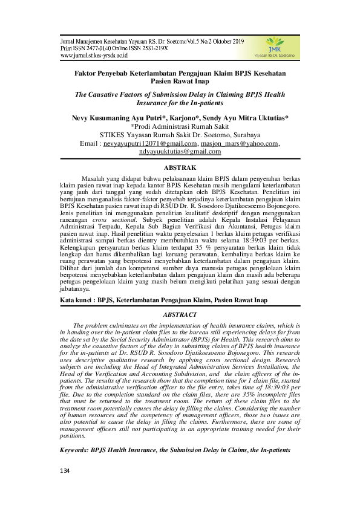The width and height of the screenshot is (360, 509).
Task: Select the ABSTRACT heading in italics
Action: (x=180, y=315)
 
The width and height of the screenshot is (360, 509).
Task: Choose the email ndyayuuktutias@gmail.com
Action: (x=180, y=152)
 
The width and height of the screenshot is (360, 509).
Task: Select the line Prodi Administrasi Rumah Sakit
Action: (x=181, y=126)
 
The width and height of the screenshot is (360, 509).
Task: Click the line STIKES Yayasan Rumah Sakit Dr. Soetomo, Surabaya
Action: (x=180, y=135)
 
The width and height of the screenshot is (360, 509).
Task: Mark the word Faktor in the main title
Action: (x=87, y=73)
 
